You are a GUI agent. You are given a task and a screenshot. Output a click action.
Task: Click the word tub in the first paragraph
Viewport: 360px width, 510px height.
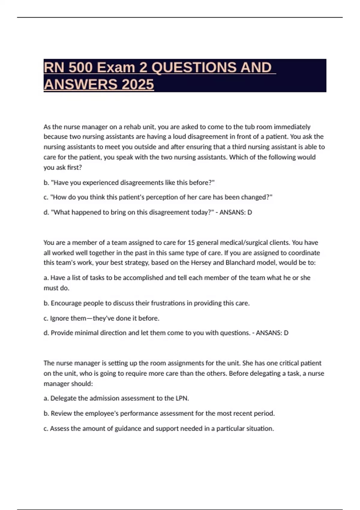250,127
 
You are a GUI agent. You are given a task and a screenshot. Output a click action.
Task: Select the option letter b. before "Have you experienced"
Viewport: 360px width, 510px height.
46,183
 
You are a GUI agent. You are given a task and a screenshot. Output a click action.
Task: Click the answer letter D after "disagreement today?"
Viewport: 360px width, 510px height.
250,212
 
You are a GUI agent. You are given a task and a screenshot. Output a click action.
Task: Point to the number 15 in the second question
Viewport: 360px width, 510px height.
191,243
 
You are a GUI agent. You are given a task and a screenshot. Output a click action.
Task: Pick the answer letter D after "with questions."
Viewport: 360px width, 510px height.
286,333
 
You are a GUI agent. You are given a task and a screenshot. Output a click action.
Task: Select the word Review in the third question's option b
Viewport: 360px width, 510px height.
61,413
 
